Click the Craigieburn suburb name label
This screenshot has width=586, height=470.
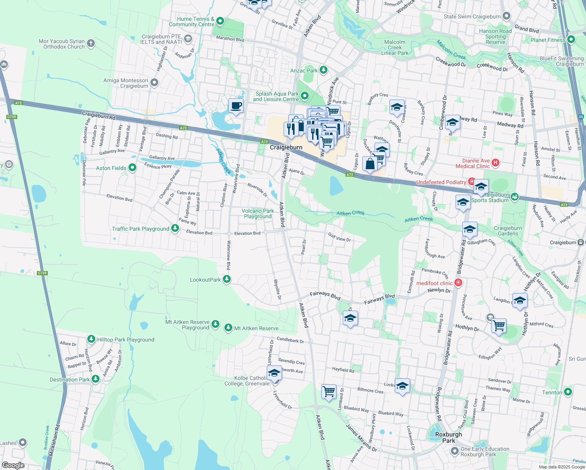click(286, 147)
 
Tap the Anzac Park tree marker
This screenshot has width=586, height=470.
click(323, 70)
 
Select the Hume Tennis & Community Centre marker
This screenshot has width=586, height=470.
click(220, 21)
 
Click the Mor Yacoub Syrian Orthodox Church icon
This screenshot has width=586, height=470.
click(91, 43)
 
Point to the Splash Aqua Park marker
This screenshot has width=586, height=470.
click(305, 96)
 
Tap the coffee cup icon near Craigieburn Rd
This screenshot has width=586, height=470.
click(236, 106)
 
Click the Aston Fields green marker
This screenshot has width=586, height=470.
click(132, 168)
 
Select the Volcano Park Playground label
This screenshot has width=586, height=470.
click(258, 213)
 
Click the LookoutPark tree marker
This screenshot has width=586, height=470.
click(226, 279)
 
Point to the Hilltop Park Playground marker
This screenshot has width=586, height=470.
click(91, 339)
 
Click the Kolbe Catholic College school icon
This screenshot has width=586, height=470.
click(274, 372)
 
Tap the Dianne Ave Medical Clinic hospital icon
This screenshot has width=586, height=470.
click(496, 163)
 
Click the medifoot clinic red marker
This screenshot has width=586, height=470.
click(459, 283)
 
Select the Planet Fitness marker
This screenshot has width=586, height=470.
click(571, 40)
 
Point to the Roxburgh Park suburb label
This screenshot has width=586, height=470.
click(449, 437)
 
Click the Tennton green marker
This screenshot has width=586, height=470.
click(568, 392)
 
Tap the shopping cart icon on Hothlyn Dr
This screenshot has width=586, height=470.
click(499, 325)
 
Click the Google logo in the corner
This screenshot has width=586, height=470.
click(13, 465)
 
